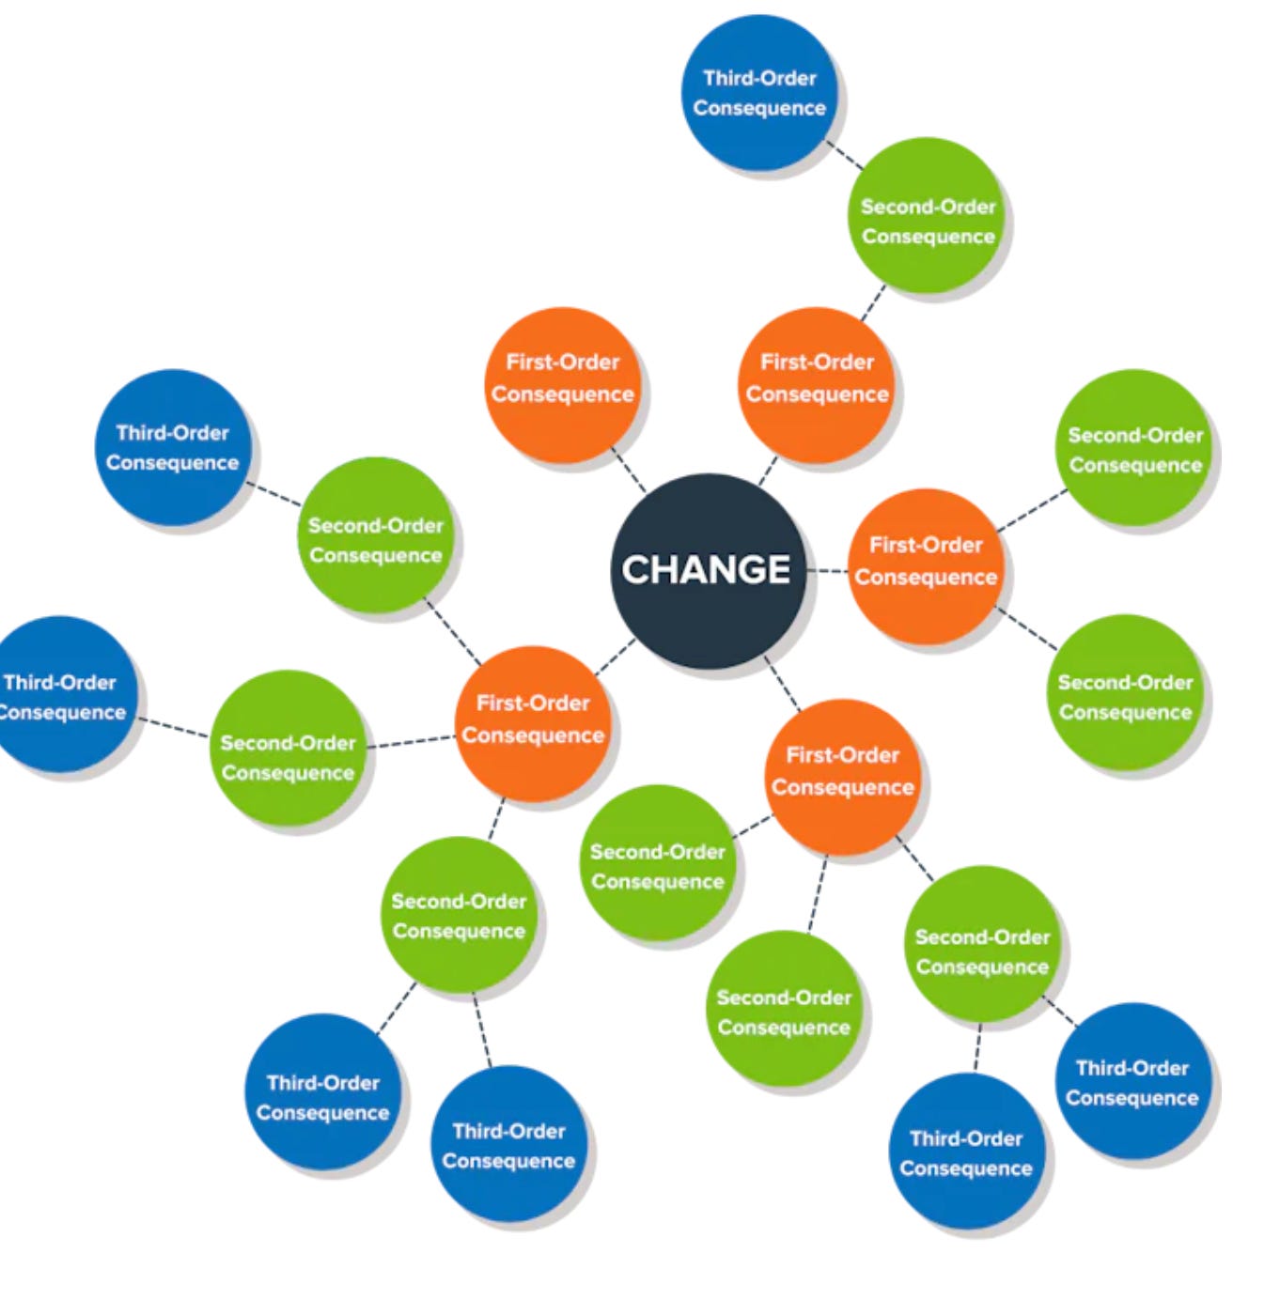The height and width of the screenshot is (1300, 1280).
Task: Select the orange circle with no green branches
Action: [563, 384]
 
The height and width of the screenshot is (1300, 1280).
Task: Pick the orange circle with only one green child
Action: [817, 384]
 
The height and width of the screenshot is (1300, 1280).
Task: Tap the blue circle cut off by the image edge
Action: [62, 695]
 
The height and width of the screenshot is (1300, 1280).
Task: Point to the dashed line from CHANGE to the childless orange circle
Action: [629, 471]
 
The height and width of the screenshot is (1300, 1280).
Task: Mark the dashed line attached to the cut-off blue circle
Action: [174, 727]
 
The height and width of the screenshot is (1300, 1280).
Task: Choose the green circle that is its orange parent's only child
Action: [928, 216]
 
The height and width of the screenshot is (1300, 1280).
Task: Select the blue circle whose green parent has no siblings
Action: [759, 92]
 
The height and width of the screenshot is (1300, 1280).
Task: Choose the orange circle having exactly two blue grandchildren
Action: [842, 776]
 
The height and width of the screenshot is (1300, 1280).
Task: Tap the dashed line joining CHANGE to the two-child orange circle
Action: [828, 570]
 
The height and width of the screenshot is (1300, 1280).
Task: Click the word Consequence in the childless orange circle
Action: [563, 395]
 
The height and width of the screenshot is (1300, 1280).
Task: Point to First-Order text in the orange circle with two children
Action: [926, 545]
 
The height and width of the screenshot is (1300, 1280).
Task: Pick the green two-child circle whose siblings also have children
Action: [459, 915]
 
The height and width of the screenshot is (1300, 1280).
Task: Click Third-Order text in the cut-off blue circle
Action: [62, 682]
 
